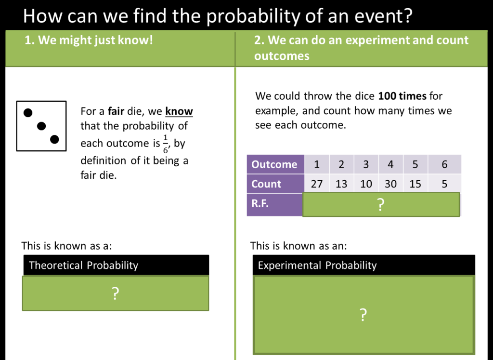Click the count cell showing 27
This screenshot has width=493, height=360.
317,184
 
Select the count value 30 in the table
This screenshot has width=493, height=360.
390,184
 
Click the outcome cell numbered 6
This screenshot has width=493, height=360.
444,164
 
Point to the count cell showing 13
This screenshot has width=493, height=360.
341,184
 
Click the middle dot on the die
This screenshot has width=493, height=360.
41,126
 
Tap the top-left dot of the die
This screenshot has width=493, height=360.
28,113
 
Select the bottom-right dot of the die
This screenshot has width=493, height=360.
54,139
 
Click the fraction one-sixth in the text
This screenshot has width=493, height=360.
166,144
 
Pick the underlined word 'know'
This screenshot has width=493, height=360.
179,111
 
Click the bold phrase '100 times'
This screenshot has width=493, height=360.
402,96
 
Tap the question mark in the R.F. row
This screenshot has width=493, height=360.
380,204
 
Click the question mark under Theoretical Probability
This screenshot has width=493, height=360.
116,293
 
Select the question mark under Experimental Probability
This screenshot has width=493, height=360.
363,315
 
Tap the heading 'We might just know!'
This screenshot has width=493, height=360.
96,40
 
